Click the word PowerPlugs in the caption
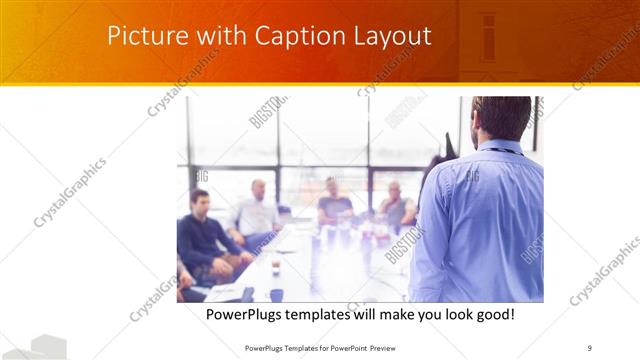coord(245,314)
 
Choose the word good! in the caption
coord(492,314)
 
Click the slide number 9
coord(590,348)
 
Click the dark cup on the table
coord(276,294)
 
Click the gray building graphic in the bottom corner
coord(34,348)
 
